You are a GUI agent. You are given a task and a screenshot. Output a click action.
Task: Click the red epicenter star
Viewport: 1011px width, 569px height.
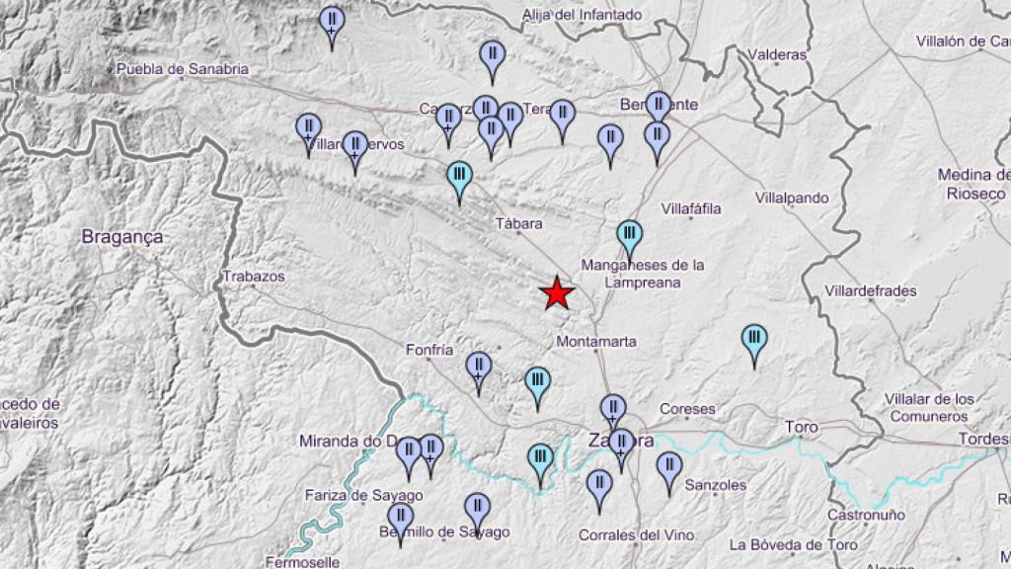point(557,293)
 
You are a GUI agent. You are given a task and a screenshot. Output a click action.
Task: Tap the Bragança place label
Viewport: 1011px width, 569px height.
point(122,237)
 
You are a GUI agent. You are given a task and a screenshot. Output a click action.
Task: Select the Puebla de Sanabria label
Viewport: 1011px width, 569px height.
point(183,69)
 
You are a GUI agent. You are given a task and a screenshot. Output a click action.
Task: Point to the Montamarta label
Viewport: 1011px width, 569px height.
point(596,342)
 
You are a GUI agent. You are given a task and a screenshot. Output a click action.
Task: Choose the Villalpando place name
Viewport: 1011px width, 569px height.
point(792,198)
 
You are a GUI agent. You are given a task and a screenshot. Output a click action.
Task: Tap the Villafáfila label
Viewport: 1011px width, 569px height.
point(691,208)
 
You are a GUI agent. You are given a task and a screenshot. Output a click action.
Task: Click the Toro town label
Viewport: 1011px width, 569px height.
point(801,427)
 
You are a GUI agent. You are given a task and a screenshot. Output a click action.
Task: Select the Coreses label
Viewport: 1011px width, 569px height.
point(687,409)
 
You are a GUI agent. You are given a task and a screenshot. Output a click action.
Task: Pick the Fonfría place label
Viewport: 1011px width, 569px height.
point(429,350)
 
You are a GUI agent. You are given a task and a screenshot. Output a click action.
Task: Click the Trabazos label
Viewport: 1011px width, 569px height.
point(254,277)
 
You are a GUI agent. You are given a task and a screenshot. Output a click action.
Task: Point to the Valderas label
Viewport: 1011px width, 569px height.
point(778,55)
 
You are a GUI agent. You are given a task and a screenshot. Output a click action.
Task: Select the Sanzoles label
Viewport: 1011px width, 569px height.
point(716,485)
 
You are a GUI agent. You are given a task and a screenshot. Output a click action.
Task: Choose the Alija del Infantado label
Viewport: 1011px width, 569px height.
point(582,15)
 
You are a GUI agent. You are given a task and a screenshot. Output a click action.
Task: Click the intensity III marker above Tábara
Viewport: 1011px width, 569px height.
point(459,178)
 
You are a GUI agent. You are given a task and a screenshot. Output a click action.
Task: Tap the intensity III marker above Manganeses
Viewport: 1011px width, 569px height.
point(629,236)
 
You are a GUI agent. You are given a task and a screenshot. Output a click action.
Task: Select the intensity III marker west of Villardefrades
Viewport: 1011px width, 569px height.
point(754,340)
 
